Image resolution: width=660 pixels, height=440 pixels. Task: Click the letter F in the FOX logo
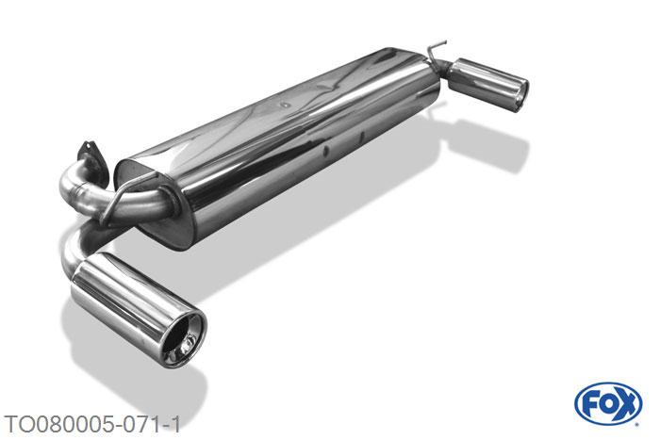590,404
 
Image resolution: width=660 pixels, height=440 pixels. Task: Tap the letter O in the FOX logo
608,404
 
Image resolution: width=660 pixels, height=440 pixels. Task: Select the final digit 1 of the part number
175,424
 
